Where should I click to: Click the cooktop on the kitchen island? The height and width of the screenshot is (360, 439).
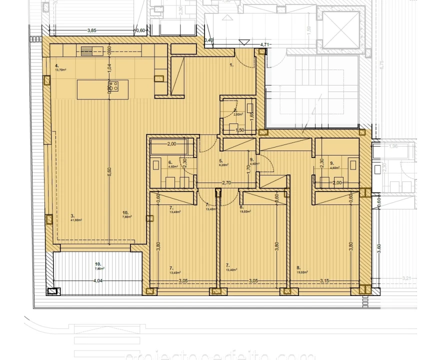[113, 86]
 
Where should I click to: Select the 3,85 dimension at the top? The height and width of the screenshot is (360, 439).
[91, 30]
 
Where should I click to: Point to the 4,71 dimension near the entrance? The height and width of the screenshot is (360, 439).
[264, 44]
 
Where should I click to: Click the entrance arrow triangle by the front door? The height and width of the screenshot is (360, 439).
[244, 41]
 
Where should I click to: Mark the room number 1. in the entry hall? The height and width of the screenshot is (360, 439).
[231, 65]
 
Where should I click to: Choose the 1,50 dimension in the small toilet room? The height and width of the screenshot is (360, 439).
[240, 130]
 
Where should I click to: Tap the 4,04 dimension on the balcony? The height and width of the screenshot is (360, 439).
[97, 280]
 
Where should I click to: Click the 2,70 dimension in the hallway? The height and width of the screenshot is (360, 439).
[226, 183]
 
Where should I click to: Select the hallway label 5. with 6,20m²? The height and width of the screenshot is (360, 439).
[222, 163]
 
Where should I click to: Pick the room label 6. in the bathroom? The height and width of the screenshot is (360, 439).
[170, 163]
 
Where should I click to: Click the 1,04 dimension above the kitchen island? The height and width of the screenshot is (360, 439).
[109, 67]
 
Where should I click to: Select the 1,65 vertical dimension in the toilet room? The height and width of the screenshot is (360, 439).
[251, 114]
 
